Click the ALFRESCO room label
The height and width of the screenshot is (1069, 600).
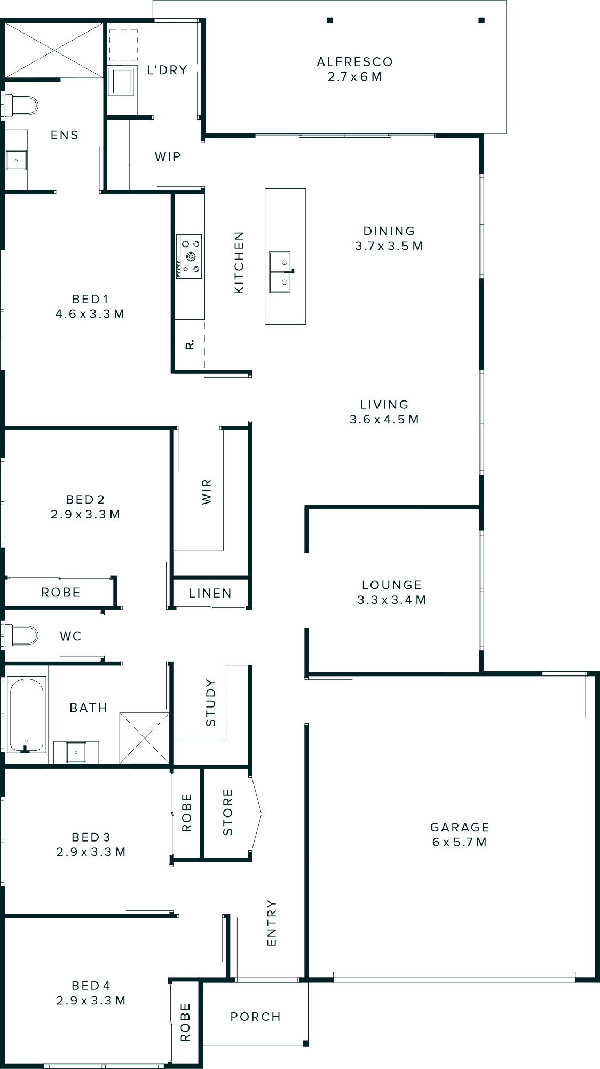[354, 62]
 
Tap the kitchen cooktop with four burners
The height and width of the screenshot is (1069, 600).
[189, 256]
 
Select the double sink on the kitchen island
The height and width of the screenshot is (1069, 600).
[280, 272]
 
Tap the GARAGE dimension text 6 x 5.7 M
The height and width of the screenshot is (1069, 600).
[460, 842]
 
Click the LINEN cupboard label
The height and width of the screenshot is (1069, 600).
[210, 593]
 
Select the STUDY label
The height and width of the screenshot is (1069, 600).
[211, 703]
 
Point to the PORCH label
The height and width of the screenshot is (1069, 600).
[256, 1017]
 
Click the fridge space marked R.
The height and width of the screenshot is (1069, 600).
[190, 345]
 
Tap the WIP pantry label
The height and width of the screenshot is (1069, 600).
[168, 156]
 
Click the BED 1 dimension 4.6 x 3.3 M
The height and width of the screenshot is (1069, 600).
[90, 314]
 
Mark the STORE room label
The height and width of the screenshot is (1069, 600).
[228, 812]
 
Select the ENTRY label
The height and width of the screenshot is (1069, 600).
[272, 923]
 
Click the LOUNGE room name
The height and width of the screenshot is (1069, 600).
[392, 585]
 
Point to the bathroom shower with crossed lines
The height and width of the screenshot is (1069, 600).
[144, 737]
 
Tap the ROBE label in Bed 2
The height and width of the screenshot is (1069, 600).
[61, 592]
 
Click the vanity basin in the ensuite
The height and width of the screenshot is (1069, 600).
[16, 160]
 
